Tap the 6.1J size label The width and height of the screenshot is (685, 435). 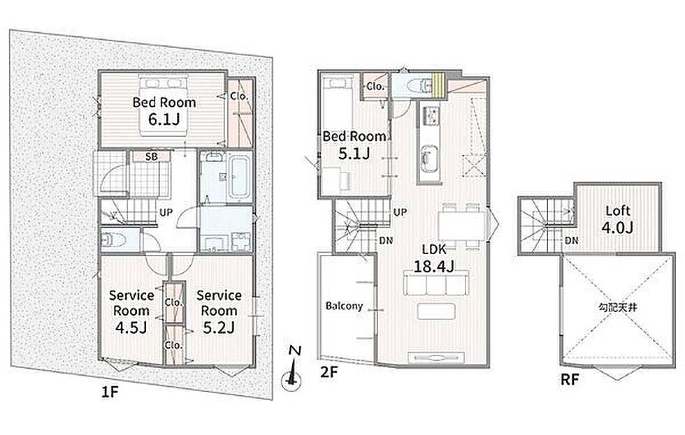pos(164,119)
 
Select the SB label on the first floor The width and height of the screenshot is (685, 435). pos(151,156)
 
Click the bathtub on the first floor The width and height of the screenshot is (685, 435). pos(239,177)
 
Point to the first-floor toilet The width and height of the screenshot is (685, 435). pos(113,240)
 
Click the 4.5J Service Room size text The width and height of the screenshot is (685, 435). pos(131,327)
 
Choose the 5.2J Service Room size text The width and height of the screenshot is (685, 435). pos(219,327)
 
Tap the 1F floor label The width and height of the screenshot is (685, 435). pos(110,392)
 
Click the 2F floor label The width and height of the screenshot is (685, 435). pos(329,372)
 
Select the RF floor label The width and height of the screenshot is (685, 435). pos(570,380)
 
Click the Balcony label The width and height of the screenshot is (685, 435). pos(344,306)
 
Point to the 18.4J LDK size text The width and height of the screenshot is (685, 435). pos(434,266)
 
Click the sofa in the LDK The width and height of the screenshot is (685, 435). pos(435,283)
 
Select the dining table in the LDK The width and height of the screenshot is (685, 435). pos(462,226)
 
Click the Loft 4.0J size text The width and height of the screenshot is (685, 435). pos(617,228)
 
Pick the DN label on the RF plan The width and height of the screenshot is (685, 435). pos(572,240)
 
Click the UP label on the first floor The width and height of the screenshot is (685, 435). pos(166,212)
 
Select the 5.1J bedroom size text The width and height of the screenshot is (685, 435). pos(354,153)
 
